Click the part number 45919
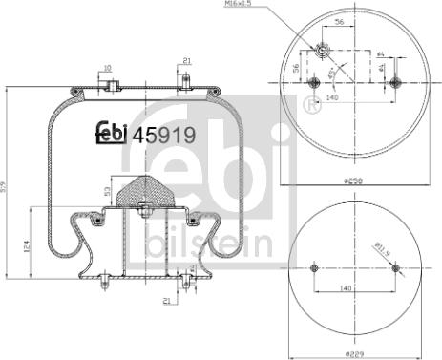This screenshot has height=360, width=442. pos(163,136)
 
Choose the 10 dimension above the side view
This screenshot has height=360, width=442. pos(107,68)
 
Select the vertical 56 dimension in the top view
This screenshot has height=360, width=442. pos(297,69)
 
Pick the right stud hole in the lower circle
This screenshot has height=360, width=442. pos(394,269)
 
